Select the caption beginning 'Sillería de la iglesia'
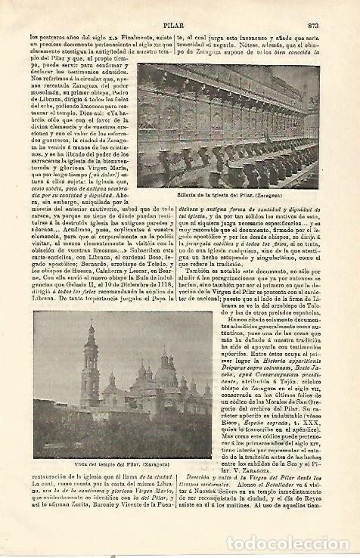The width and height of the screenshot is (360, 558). tap(228, 194)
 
